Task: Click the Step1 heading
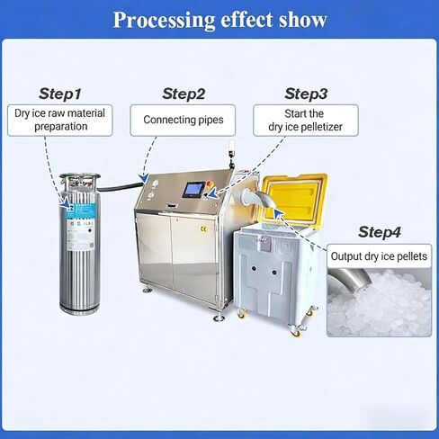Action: click(60, 94)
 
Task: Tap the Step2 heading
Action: click(184, 94)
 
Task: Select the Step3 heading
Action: click(306, 94)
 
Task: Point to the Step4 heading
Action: click(380, 232)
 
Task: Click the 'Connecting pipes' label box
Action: click(183, 121)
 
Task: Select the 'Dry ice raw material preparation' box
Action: click(60, 121)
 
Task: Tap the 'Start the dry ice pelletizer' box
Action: click(306, 121)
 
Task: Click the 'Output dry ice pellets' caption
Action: click(379, 256)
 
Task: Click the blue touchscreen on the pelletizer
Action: click(193, 190)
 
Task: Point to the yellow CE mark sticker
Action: click(203, 229)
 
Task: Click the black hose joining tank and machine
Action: click(121, 188)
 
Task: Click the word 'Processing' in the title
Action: click(164, 21)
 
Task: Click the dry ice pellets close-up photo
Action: click(379, 302)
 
